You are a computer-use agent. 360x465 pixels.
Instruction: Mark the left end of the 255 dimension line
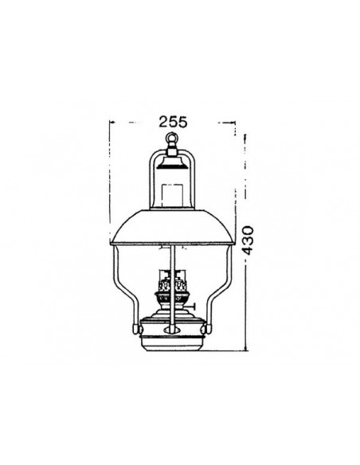point(109,122)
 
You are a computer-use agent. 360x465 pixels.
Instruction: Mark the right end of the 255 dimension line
point(236,122)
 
